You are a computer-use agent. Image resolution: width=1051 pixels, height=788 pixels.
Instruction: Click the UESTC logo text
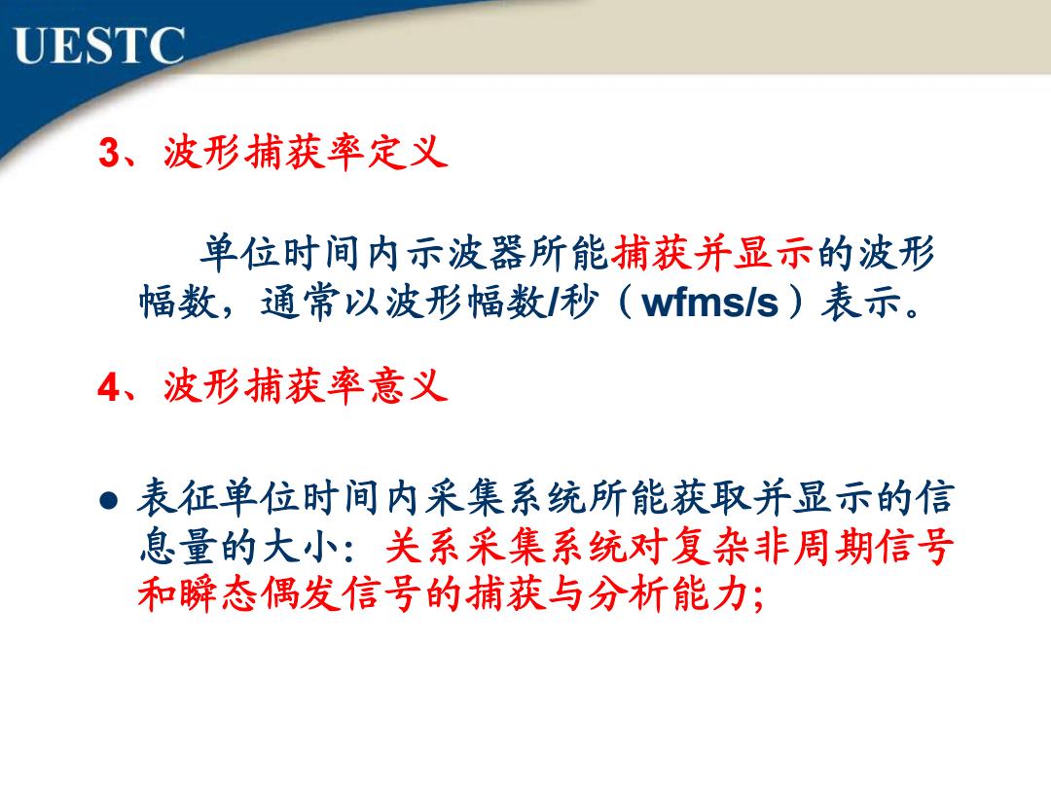click(98, 46)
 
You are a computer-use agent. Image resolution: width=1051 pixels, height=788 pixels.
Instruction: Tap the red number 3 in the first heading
click(109, 152)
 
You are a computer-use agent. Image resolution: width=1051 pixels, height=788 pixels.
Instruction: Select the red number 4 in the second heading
click(109, 387)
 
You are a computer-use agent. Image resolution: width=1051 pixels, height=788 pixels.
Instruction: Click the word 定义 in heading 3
click(408, 152)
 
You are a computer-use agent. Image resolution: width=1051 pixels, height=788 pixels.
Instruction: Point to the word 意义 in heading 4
click(408, 386)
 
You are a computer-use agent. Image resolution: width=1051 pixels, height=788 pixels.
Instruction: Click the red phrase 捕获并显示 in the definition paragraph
click(711, 253)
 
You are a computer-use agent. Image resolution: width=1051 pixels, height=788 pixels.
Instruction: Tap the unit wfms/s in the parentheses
click(710, 303)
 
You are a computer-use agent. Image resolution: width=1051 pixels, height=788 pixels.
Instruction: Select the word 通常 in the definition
click(301, 302)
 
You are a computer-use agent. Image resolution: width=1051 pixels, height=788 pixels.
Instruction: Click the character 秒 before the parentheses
click(579, 302)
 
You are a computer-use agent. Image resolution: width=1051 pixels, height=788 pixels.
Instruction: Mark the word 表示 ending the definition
click(861, 302)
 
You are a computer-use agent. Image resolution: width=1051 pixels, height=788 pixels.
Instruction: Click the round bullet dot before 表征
click(109, 501)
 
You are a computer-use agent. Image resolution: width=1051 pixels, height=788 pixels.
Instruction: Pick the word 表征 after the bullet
click(177, 498)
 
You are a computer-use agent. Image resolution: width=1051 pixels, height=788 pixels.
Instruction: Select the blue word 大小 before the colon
click(300, 546)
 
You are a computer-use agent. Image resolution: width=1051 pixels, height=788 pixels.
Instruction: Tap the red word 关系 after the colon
click(425, 546)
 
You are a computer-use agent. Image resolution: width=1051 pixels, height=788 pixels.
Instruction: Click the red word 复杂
click(711, 546)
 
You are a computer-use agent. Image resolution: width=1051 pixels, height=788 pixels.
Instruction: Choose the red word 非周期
click(814, 546)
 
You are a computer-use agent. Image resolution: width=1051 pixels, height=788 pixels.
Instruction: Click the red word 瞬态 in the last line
click(219, 593)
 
